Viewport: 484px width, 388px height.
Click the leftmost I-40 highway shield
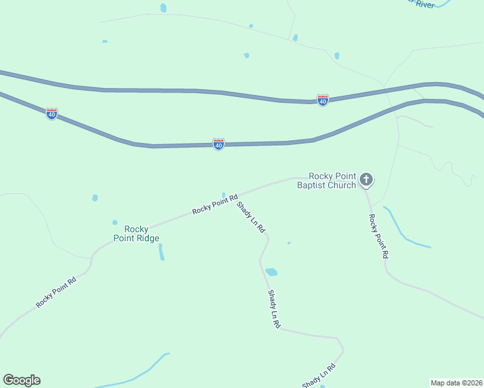click(x=52, y=114)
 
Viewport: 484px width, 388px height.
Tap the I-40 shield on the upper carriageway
click(x=322, y=100)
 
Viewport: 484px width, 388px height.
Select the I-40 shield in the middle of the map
click(x=219, y=144)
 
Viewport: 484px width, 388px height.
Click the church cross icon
click(x=366, y=179)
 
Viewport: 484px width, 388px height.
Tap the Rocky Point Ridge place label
click(x=136, y=233)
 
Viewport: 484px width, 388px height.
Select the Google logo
click(x=21, y=380)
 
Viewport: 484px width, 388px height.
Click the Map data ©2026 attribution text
click(x=456, y=382)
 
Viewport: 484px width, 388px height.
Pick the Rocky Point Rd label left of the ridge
click(x=56, y=292)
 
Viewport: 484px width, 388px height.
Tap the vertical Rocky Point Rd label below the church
click(x=378, y=236)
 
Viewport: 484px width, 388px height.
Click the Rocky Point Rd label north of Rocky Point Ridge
click(x=215, y=204)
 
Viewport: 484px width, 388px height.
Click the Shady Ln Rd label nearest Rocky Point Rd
click(x=251, y=217)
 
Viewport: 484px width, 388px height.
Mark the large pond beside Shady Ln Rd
click(x=271, y=272)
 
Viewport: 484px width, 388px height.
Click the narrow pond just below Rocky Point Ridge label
click(x=161, y=252)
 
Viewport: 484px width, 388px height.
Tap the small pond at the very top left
click(x=163, y=8)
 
